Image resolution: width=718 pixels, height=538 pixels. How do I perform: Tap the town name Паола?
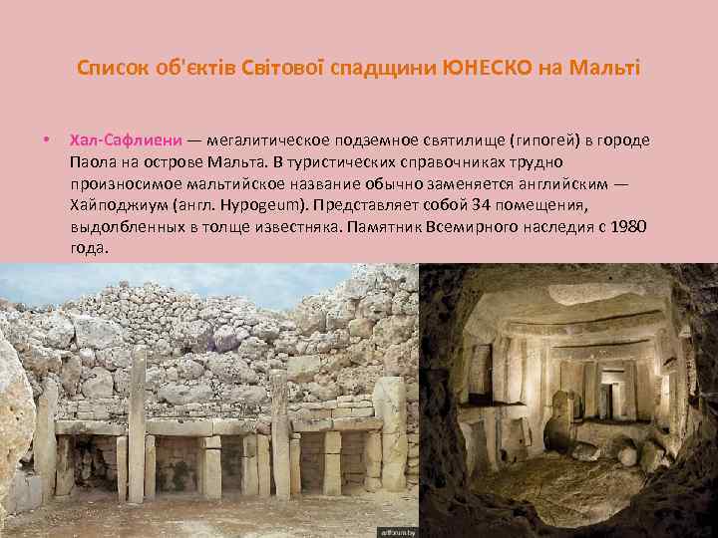coord(95,162)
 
